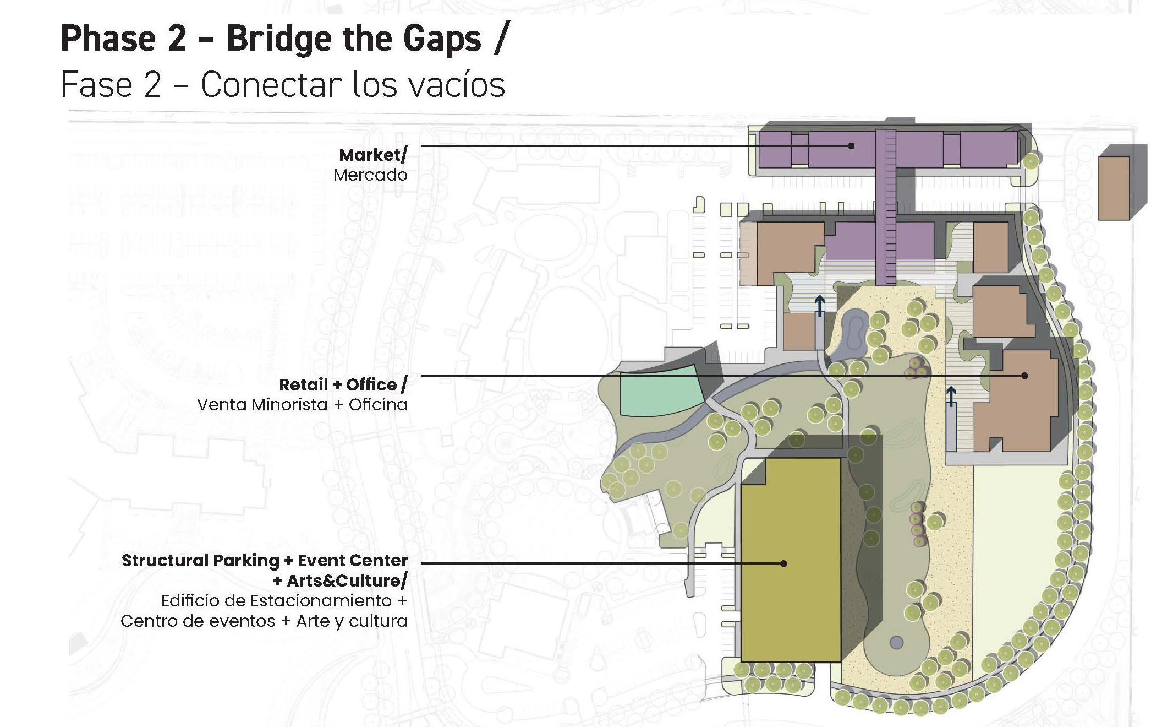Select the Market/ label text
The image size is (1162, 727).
click(372, 155)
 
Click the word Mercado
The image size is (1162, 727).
click(370, 175)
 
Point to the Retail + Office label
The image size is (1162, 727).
click(343, 384)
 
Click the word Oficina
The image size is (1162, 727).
click(378, 405)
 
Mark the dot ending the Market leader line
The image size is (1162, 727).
click(851, 146)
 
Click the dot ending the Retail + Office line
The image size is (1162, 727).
click(1024, 376)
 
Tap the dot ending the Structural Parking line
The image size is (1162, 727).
click(783, 563)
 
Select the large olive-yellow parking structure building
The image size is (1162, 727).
click(791, 560)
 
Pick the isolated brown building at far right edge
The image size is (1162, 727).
click(1114, 188)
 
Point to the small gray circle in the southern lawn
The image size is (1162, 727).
click(896, 642)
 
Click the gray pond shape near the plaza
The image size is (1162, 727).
click(852, 330)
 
